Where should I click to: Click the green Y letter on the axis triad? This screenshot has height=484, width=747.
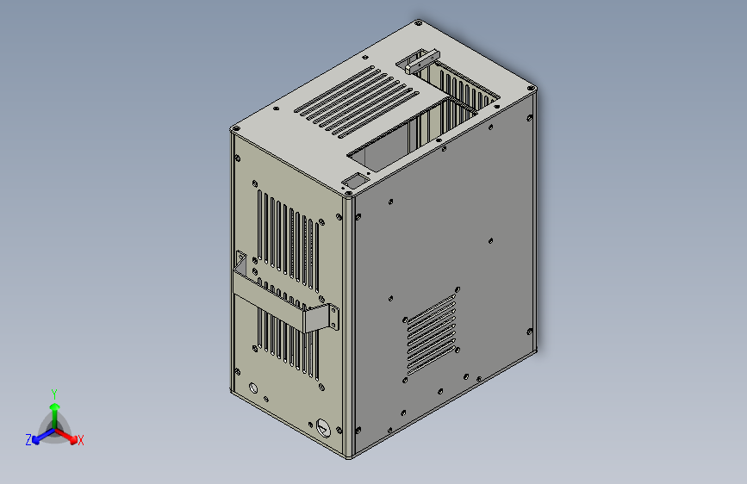53,392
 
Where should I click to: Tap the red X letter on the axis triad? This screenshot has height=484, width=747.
81,440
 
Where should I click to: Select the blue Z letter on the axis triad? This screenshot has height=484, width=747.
28,439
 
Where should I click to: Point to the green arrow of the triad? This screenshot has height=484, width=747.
54,409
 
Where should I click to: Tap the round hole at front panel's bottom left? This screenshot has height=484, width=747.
252,388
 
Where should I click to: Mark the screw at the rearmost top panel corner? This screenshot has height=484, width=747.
418,23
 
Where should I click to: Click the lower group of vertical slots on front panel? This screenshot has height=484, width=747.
287,340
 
